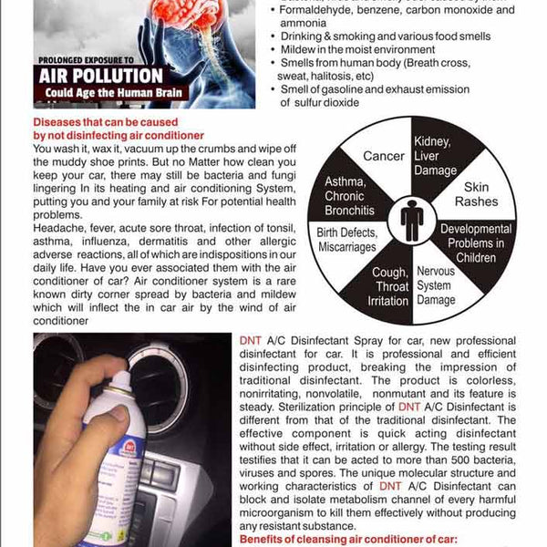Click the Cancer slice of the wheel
coord(383,157)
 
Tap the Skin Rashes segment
coord(477,192)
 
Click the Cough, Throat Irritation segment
coord(390,287)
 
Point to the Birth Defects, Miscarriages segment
coord(347,240)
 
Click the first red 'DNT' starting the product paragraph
coord(251,339)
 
